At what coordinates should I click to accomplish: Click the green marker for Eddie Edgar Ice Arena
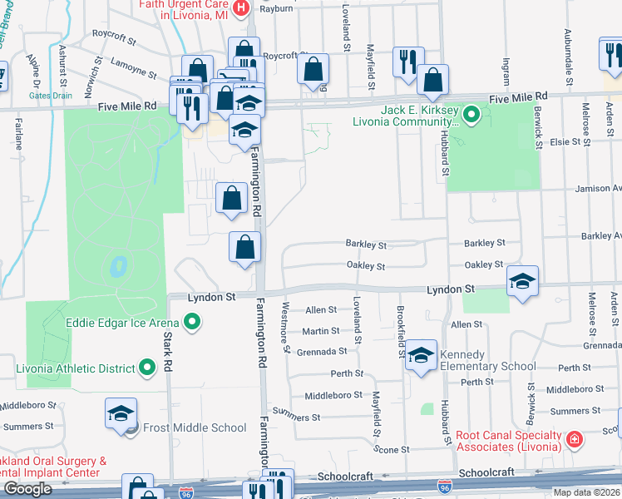(193, 320)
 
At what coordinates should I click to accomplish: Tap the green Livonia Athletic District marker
(147, 367)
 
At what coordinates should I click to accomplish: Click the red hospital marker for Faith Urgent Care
(241, 8)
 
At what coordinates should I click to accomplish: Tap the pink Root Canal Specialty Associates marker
(573, 437)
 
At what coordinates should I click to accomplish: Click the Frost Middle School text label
(195, 427)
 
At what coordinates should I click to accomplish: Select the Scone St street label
(393, 449)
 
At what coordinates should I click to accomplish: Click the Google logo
(27, 488)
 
